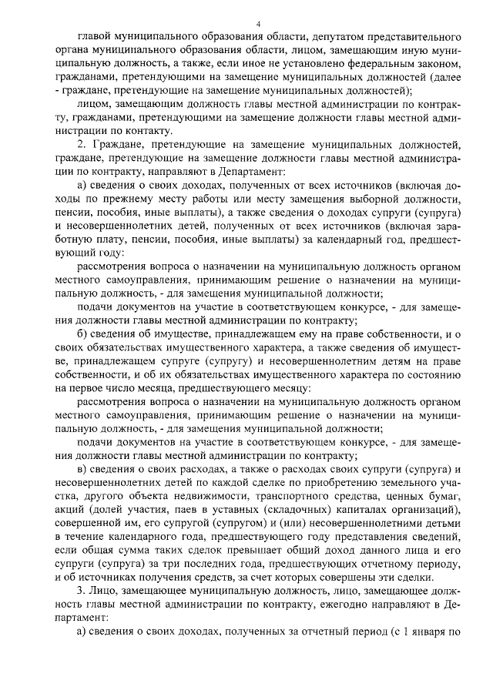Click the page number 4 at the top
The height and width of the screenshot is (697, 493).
[257, 24]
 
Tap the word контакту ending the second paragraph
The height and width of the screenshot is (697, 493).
[144, 131]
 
